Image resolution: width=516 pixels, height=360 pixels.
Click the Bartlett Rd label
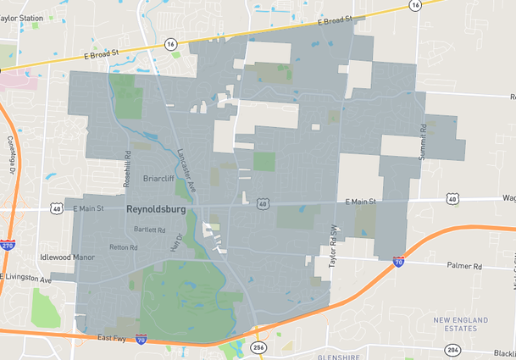(x=149, y=230)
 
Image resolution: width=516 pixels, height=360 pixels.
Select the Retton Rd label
(x=123, y=247)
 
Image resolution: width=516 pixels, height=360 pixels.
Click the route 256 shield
(x=258, y=347)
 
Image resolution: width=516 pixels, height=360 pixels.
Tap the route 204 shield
(x=453, y=350)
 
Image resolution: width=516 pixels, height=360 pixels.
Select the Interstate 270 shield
(x=8, y=244)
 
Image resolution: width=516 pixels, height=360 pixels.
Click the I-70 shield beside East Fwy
(x=141, y=340)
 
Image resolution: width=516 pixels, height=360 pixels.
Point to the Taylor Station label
(x=22, y=16)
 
